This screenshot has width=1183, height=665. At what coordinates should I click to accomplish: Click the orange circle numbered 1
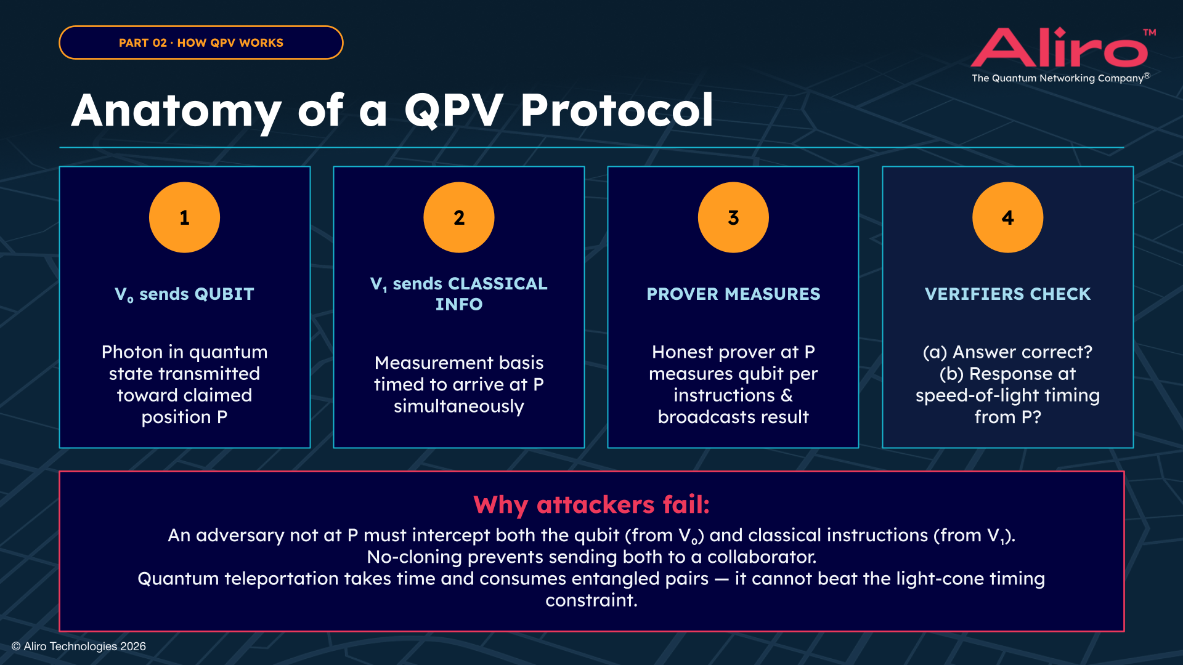pos(184,217)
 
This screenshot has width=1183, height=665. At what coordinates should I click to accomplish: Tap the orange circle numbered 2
pos(458,217)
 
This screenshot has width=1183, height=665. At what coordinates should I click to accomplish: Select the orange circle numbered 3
pos(733,217)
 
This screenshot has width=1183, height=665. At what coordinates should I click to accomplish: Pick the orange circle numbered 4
pos(1007,217)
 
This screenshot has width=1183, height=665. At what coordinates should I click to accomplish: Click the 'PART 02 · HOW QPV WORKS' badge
pos(201,42)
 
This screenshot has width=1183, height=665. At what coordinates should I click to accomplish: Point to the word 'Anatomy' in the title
pos(176,111)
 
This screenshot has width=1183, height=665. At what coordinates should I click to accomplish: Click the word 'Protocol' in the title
pos(616,111)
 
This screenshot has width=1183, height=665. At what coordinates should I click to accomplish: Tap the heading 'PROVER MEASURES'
pos(733,294)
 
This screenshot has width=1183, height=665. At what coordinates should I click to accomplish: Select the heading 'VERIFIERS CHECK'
pos(1007,294)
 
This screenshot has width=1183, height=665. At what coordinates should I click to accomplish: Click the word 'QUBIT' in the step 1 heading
pos(224,294)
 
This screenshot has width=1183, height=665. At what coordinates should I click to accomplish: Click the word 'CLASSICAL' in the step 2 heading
pos(497,283)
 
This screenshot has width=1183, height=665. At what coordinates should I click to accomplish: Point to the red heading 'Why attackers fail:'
pos(591,504)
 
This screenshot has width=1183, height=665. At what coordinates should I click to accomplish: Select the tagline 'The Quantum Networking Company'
pos(1057,78)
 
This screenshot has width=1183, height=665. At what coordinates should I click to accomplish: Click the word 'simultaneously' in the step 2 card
pos(458,406)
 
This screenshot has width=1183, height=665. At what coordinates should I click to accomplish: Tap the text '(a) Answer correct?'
pos(1007,352)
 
